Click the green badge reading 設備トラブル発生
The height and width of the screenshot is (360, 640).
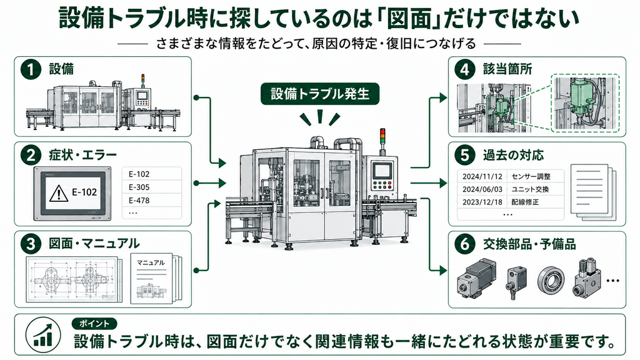coord(320,94)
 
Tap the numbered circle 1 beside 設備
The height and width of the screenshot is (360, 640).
coord(31,69)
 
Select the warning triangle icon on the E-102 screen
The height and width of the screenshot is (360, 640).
coord(58,193)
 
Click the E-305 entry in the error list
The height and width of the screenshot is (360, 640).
coord(139,187)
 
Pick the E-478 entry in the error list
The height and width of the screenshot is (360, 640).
coord(139,201)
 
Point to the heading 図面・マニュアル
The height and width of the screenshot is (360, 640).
coord(94,244)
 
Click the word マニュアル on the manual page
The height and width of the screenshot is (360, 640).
coord(151,263)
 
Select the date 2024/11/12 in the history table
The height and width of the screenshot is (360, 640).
coord(482,177)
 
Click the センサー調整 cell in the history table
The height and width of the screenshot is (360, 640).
coord(531,177)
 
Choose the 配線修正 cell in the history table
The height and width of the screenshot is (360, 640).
coord(525,202)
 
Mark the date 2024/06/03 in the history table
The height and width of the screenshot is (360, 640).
coord(482,189)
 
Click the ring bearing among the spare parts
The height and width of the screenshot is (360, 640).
coord(551,280)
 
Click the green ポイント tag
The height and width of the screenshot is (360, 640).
coord(94,324)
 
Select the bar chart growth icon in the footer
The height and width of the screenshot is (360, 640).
coord(43,335)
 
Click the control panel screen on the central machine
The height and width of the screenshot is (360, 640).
coord(382,170)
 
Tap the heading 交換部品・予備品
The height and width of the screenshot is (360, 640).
coord(529,244)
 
